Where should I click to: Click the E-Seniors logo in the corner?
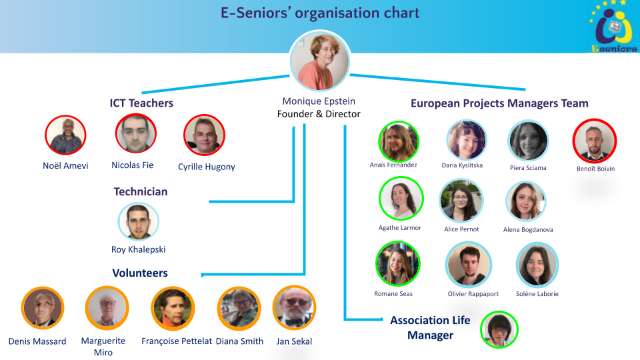(x=614, y=27)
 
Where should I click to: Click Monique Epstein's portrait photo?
(x=319, y=61)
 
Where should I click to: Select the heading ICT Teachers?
(x=141, y=103)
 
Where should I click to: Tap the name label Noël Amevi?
(x=65, y=165)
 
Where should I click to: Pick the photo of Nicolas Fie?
(x=135, y=133)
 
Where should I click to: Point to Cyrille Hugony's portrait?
(x=204, y=135)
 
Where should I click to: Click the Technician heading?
(x=141, y=191)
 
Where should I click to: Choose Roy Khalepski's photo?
(x=139, y=221)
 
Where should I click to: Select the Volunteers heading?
(x=140, y=273)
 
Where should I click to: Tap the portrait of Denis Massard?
(x=43, y=308)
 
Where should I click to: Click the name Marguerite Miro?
(x=103, y=347)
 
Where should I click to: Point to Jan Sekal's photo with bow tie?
(x=294, y=307)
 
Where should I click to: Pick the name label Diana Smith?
(x=239, y=341)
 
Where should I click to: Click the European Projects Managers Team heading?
(x=499, y=103)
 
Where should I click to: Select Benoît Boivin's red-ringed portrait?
(x=595, y=141)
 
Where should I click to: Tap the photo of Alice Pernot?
(x=461, y=201)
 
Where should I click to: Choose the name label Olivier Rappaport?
(x=473, y=293)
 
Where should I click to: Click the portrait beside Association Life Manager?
(x=499, y=329)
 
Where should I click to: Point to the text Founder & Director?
(x=319, y=114)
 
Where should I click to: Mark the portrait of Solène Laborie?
(x=537, y=265)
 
